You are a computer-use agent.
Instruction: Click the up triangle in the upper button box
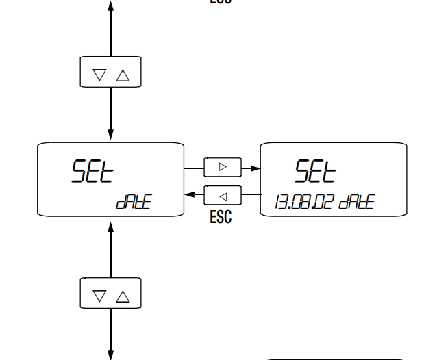pyautogui.click(x=123, y=75)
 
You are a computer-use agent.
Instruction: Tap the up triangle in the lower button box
pyautogui.click(x=123, y=296)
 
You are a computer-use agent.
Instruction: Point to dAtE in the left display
pyautogui.click(x=133, y=203)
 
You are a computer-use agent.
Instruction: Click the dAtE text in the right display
pyautogui.click(x=356, y=203)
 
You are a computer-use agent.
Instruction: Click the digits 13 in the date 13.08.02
pyautogui.click(x=279, y=203)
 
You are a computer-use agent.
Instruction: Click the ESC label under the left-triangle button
pyautogui.click(x=221, y=217)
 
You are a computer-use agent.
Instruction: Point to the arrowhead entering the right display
pyautogui.click(x=255, y=168)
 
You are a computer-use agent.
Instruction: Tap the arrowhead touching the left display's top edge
pyautogui.click(x=111, y=137)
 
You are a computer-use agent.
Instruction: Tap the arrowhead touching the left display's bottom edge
pyautogui.click(x=111, y=223)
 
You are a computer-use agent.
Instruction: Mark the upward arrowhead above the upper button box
pyautogui.click(x=111, y=5)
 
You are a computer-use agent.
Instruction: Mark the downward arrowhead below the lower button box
pyautogui.click(x=111, y=355)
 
